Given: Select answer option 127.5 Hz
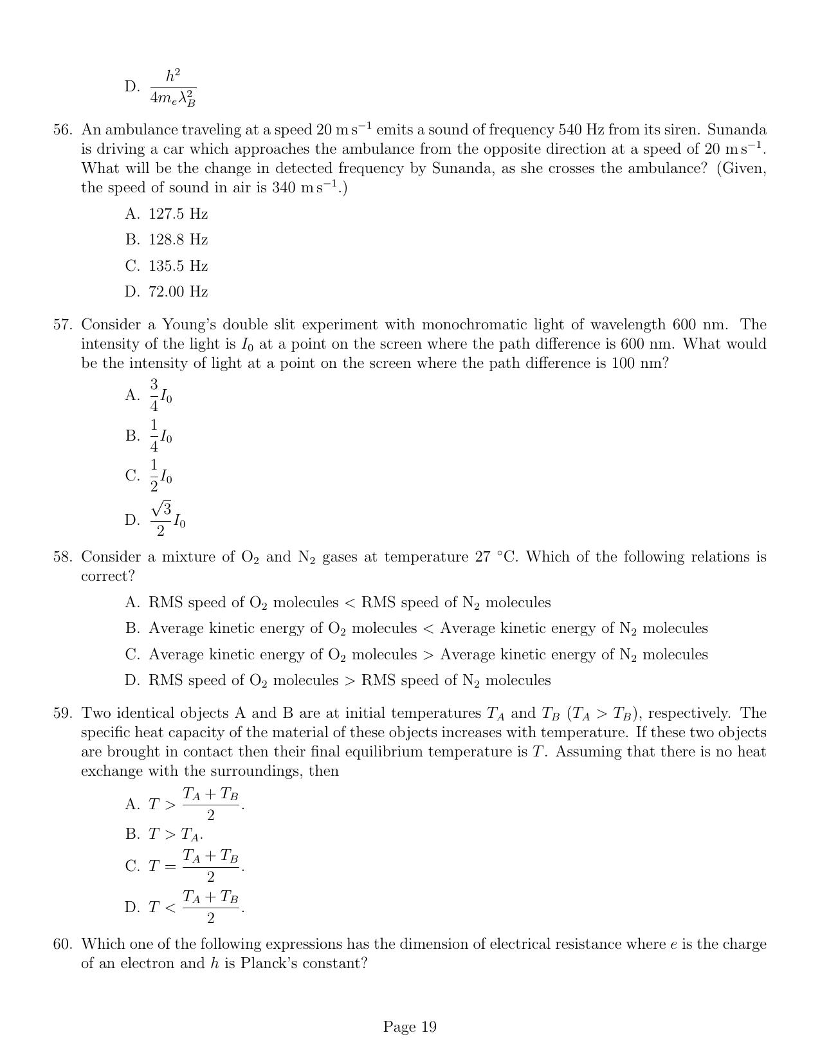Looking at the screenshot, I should coord(178,214).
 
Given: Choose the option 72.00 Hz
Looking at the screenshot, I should coord(178,292).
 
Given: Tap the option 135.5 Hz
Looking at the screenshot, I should coord(178,266).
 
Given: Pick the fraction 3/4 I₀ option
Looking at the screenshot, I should coord(161,396).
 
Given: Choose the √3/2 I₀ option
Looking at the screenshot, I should coord(168,520).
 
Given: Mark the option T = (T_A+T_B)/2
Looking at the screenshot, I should coord(196,866).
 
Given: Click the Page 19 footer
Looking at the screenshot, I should coord(410,1027).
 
